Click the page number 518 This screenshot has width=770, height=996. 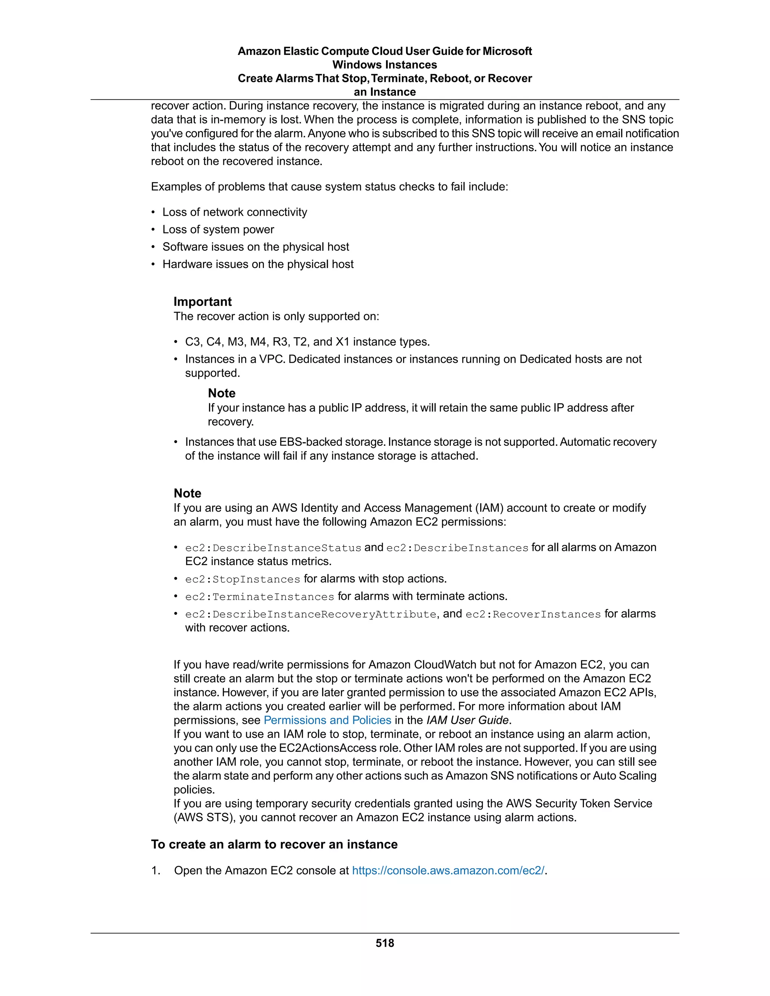pyautogui.click(x=385, y=943)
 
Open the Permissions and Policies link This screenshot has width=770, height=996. pyautogui.click(x=327, y=720)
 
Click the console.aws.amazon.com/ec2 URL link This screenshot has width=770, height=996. pyautogui.click(x=449, y=870)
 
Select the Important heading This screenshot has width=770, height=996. pyautogui.click(x=203, y=302)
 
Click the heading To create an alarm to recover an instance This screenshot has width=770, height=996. pyautogui.click(x=274, y=845)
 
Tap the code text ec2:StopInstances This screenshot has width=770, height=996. pyautogui.click(x=242, y=580)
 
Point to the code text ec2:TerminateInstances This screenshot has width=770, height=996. pyautogui.click(x=259, y=597)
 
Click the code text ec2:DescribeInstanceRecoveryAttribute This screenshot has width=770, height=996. pyautogui.click(x=311, y=614)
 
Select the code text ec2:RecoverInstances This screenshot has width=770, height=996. pyautogui.click(x=533, y=614)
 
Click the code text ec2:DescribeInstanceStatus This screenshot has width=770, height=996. pyautogui.click(x=273, y=548)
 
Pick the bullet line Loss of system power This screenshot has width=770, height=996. pyautogui.click(x=218, y=229)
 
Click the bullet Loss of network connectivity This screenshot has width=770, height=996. pyautogui.click(x=235, y=212)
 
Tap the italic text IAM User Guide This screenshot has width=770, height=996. pyautogui.click(x=467, y=720)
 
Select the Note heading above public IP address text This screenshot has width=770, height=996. pyautogui.click(x=222, y=393)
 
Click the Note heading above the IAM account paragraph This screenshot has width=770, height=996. pyautogui.click(x=188, y=493)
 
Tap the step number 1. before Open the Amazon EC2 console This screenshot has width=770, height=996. pyautogui.click(x=156, y=870)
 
